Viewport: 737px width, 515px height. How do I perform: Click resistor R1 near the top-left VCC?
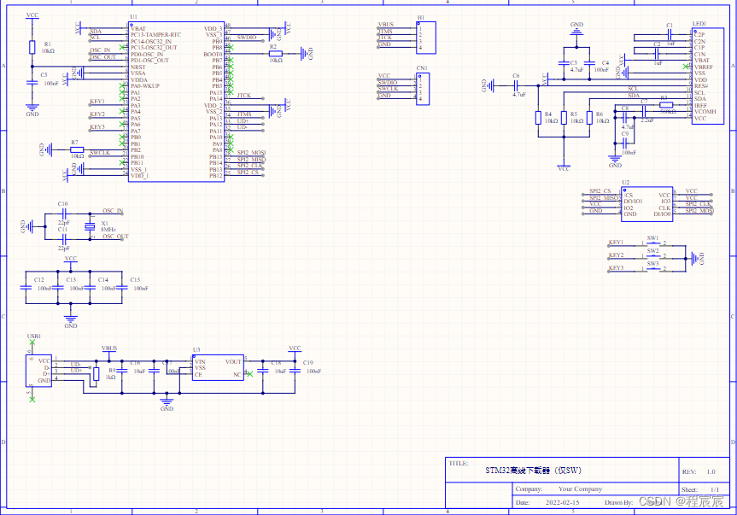tap(32, 47)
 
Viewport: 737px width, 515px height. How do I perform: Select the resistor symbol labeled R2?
tap(275, 53)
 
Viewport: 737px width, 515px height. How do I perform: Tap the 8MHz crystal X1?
tap(88, 225)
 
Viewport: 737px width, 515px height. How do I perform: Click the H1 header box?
tap(421, 35)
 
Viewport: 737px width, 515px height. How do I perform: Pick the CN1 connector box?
tap(421, 89)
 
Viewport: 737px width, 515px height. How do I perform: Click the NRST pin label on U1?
tap(138, 67)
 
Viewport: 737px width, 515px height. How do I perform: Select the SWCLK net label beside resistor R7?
tap(100, 152)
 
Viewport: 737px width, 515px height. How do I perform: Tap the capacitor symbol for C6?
tap(518, 85)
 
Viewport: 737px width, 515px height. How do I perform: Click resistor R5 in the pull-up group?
tap(564, 117)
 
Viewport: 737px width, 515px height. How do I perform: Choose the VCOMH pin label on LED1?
tap(705, 112)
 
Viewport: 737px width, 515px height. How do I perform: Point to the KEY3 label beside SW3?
tap(617, 268)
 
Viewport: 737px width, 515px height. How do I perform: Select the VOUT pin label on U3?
tap(233, 361)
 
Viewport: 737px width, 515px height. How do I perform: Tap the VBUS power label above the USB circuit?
tap(109, 348)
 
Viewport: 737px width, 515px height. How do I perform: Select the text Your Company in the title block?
tap(580, 489)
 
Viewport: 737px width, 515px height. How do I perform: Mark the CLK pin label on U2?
tap(664, 205)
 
